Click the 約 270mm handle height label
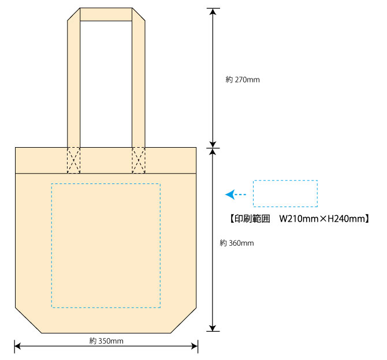click(243, 80)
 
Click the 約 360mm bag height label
click(237, 243)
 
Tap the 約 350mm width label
click(106, 341)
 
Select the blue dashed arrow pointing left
click(236, 194)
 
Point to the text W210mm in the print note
click(299, 219)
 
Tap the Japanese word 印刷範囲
click(252, 219)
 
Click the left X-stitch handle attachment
click(73, 160)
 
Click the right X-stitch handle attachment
click(139, 160)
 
